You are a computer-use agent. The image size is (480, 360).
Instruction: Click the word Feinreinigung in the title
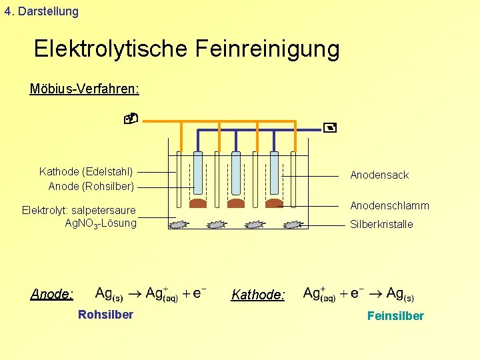(x=267, y=49)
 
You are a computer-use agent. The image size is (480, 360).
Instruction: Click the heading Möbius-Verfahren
(x=84, y=89)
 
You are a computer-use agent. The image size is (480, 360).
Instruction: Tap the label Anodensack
(x=379, y=175)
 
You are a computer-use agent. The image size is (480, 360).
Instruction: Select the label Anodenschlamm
(x=389, y=205)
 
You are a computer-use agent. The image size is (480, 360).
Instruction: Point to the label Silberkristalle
(x=381, y=224)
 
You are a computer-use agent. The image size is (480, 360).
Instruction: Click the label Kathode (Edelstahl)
(x=86, y=171)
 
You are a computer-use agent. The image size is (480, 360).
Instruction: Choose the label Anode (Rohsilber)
(x=91, y=186)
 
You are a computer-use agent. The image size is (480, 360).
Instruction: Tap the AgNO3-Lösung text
(x=100, y=223)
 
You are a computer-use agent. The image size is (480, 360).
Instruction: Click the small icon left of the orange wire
(x=131, y=119)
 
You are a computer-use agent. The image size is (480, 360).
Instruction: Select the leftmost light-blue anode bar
(x=198, y=172)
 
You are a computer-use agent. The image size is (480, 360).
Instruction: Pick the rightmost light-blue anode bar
(x=273, y=172)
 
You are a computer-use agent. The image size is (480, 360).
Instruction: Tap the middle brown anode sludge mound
(x=236, y=203)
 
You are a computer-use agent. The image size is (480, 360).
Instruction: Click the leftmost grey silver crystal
(x=179, y=225)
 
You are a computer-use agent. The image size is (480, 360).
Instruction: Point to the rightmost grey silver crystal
(x=293, y=225)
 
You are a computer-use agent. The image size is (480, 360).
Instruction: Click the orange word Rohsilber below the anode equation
(x=105, y=315)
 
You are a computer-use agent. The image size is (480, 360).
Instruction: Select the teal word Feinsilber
(x=395, y=316)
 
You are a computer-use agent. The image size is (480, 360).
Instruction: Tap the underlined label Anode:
(x=52, y=294)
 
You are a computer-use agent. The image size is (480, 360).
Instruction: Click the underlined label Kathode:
(x=258, y=295)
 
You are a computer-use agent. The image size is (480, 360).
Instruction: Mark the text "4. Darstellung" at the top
(x=41, y=11)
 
